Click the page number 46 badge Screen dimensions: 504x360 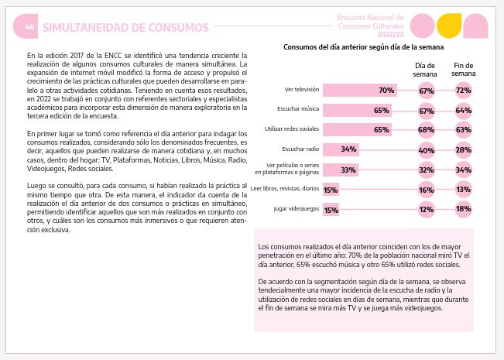coord(26,26)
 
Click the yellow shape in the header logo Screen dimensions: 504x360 coord(449,26)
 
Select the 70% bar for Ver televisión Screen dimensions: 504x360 coord(360,91)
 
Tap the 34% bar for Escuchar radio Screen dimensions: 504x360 coord(341,149)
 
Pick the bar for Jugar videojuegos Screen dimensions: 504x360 coord(331,210)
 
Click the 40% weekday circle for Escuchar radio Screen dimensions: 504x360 coord(427,150)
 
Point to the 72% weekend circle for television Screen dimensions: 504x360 coord(464,91)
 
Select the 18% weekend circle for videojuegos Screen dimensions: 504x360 coord(464,209)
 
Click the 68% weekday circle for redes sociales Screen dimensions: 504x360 coord(427,130)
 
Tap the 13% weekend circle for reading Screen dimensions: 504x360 coord(464,190)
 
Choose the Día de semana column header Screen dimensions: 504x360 coord(425,70)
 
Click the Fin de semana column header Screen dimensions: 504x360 coord(464,70)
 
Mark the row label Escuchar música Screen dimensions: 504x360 coord(298,109)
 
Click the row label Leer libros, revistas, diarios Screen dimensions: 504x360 coord(285,188)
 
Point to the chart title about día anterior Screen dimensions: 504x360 coord(364,47)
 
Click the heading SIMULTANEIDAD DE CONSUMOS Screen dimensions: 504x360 coord(125,28)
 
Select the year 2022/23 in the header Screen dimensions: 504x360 coord(390,35)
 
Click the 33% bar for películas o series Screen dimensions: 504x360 coord(341,170)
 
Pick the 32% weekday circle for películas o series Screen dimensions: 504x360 coord(427,170)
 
